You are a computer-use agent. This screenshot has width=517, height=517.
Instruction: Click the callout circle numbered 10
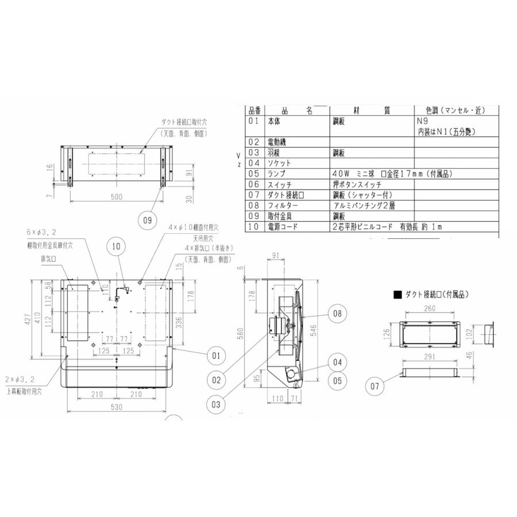117,246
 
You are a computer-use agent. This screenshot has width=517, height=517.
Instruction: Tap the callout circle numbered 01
215,356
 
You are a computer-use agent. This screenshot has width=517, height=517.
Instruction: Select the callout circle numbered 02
215,379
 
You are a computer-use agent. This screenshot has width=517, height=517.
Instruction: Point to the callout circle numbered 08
337,313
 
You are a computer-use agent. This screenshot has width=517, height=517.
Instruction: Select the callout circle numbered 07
375,387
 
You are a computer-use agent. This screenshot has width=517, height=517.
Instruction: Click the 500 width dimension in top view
117,197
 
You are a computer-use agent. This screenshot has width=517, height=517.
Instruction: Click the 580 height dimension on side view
248,333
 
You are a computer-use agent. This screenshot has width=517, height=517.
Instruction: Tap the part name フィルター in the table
282,206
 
